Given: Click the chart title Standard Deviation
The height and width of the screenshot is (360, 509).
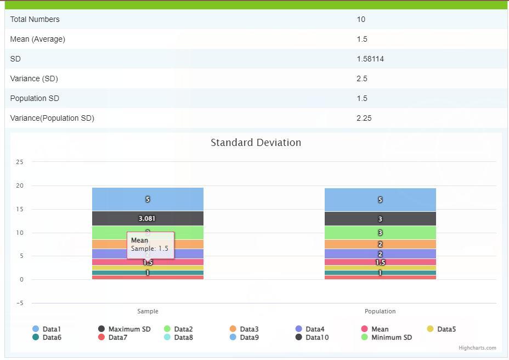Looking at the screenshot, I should [256, 143].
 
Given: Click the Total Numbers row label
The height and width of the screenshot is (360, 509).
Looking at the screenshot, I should [35, 19].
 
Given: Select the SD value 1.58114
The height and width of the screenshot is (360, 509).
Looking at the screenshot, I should [370, 59].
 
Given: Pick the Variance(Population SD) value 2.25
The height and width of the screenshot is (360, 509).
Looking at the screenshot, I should [364, 118].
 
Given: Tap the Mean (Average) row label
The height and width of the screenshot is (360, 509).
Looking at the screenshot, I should [37, 39].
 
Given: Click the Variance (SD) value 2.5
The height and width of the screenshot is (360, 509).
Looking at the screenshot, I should [362, 78].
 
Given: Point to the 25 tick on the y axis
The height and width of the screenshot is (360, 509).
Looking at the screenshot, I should [20, 162].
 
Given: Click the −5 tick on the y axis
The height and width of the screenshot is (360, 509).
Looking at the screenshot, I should [20, 303].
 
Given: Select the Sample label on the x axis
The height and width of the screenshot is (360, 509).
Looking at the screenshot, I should [148, 311].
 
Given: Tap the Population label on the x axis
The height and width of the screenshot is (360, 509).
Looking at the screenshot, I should [380, 311].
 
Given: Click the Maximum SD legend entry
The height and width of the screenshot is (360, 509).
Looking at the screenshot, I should [129, 329].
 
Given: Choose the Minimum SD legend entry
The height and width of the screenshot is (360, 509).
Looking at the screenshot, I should [391, 337].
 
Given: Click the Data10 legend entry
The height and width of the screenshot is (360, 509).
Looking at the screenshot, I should [317, 337].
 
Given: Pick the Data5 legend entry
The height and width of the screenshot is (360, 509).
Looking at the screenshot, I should [446, 329].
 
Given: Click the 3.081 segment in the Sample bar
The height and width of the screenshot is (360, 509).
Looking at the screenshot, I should [148, 218].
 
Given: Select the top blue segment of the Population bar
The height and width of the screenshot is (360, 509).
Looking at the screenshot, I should [380, 200].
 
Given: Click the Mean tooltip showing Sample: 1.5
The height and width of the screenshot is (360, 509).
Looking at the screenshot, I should [150, 245].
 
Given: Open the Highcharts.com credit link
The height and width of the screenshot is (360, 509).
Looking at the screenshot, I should [477, 348].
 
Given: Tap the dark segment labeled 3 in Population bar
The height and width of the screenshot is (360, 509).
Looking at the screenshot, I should [380, 219].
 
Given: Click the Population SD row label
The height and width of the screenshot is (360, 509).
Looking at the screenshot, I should [35, 98].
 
